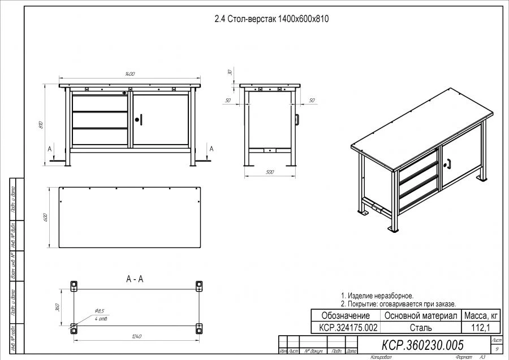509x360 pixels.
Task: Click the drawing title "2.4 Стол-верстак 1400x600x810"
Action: point(271,19)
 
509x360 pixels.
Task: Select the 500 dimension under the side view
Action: point(269,172)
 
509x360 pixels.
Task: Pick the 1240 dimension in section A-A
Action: point(135,337)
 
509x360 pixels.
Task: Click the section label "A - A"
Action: point(135,279)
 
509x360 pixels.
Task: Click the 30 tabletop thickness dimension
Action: point(230,72)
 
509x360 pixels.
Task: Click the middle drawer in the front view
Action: point(100,120)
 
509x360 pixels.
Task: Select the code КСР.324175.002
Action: point(346,328)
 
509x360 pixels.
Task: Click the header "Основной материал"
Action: point(420,315)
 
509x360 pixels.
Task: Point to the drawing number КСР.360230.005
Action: point(422,345)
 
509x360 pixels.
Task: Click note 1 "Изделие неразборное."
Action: point(377,296)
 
